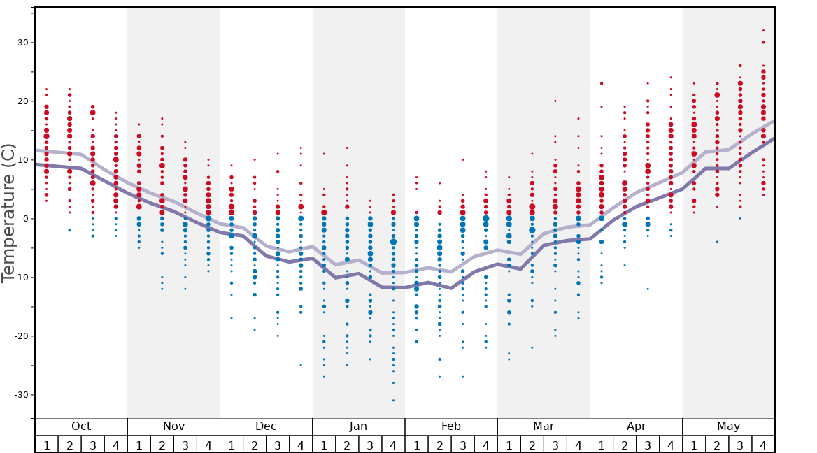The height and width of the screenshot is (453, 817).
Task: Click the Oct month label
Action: pyautogui.click(x=81, y=426)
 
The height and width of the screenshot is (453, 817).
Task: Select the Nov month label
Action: pyautogui.click(x=173, y=426)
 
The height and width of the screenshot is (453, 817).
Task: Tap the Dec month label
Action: pyautogui.click(x=266, y=426)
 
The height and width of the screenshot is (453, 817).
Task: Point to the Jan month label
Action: pyautogui.click(x=358, y=426)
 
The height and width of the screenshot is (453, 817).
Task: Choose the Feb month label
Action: pyautogui.click(x=451, y=426)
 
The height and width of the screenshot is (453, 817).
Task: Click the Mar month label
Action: pyautogui.click(x=544, y=426)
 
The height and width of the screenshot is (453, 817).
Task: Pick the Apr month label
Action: pyautogui.click(x=636, y=426)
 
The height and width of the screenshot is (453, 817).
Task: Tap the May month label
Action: pyautogui.click(x=728, y=426)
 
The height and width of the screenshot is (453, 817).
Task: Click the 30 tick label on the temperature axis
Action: pyautogui.click(x=24, y=43)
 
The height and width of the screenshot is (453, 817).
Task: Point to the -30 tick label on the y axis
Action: pyautogui.click(x=22, y=395)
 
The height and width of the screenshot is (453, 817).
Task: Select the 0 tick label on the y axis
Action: pyautogui.click(x=27, y=219)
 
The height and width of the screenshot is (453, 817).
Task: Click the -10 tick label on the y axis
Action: pyautogui.click(x=22, y=278)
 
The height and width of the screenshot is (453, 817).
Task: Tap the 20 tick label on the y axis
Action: pyautogui.click(x=24, y=101)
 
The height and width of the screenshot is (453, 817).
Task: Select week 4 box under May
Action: pyautogui.click(x=763, y=445)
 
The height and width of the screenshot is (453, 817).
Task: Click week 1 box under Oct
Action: pyautogui.click(x=46, y=445)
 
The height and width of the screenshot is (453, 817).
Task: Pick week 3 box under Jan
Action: pyautogui.click(x=370, y=445)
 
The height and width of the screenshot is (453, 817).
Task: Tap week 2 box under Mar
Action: pyautogui.click(x=532, y=445)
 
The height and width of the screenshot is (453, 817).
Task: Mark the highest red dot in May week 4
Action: pyautogui.click(x=763, y=30)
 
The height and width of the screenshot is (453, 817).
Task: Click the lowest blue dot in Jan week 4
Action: pyautogui.click(x=393, y=401)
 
